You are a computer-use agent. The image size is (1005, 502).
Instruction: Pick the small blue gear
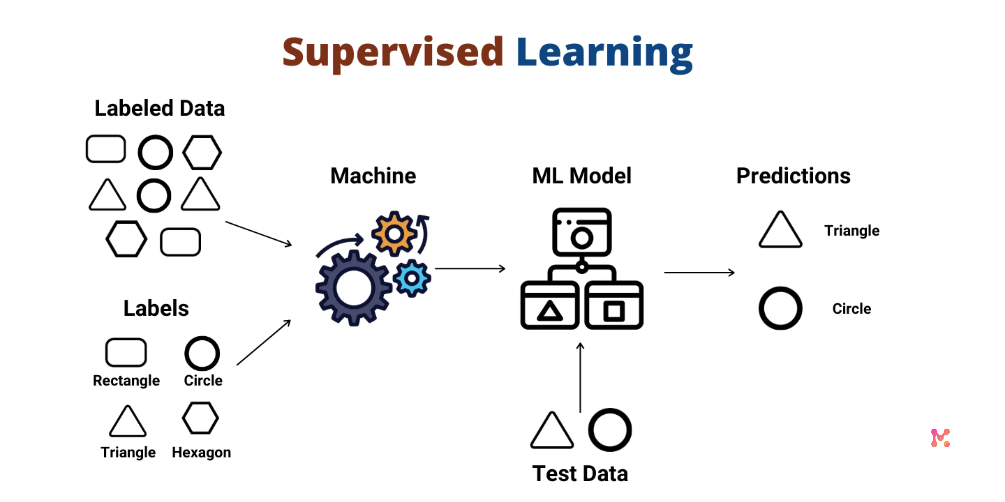click(412, 278)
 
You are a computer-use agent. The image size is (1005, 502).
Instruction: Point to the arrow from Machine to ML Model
click(470, 269)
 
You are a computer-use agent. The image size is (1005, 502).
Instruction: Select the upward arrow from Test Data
click(580, 377)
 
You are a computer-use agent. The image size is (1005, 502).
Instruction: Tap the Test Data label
click(580, 474)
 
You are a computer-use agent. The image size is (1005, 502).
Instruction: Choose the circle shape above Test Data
click(610, 430)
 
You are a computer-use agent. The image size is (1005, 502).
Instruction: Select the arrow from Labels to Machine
click(264, 343)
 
